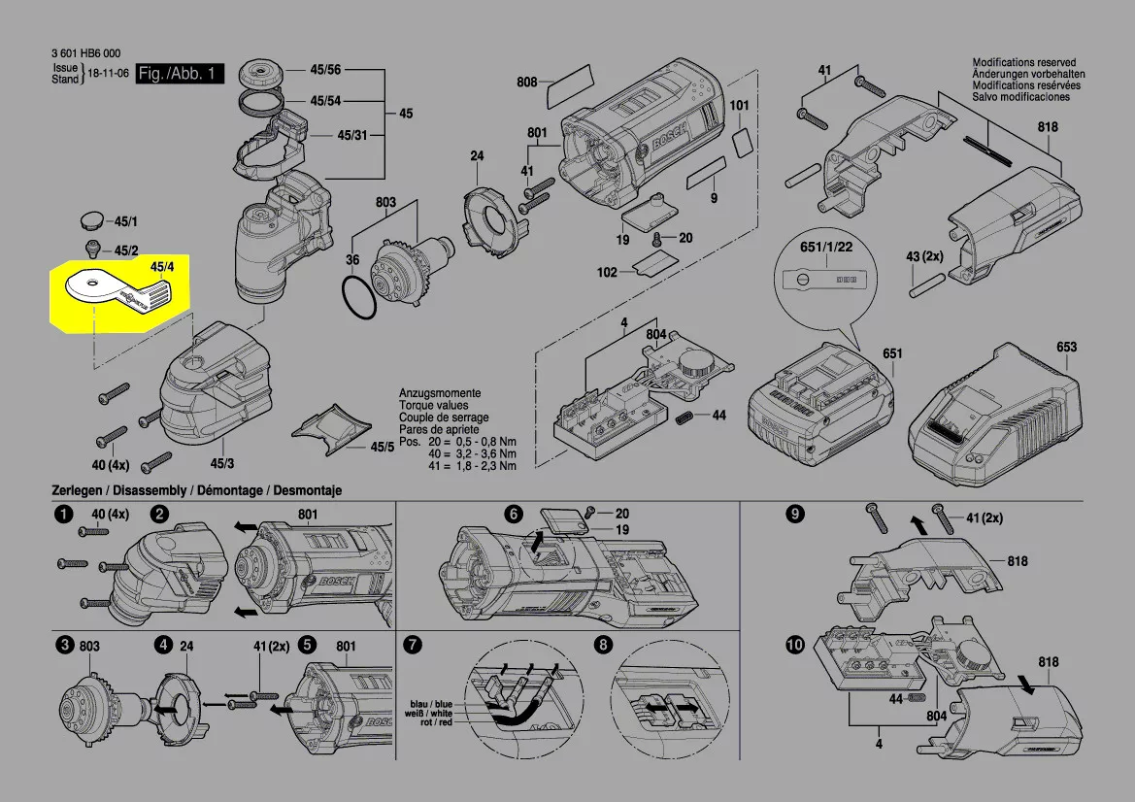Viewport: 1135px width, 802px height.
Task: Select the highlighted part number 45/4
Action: (162, 266)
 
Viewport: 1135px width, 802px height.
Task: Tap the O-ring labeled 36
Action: (359, 297)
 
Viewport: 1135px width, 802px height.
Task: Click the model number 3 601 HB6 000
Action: (86, 54)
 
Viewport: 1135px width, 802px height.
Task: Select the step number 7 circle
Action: (413, 645)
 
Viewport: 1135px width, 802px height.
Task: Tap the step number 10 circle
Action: (795, 645)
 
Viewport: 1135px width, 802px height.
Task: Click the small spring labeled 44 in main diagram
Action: (685, 417)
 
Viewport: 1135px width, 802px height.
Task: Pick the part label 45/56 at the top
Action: (326, 71)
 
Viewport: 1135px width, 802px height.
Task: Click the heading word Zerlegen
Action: (76, 491)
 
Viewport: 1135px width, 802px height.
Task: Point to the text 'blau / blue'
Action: (430, 703)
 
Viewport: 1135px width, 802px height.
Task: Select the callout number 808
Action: (527, 84)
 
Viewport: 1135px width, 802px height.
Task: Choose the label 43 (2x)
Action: (925, 256)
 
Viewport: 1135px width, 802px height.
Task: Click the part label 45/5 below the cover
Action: (383, 447)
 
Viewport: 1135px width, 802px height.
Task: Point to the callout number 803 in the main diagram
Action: (386, 203)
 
